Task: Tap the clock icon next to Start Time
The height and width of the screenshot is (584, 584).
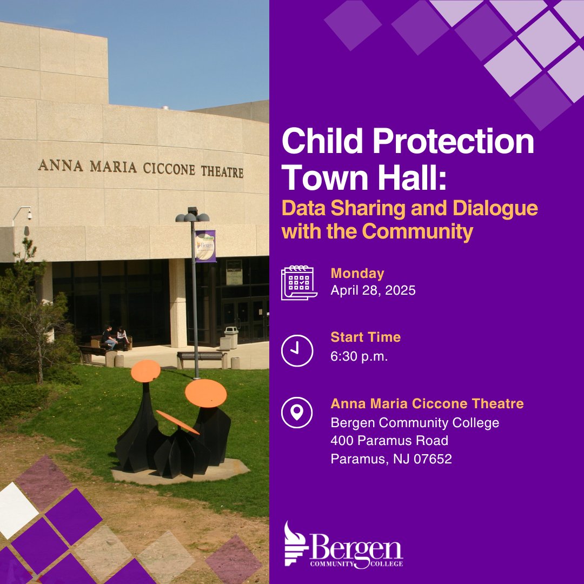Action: pos(297,350)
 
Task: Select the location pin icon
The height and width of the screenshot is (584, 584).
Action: pos(297,412)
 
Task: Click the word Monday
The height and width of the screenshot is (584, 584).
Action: pos(357,274)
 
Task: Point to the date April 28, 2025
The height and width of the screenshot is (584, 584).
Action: pos(373,290)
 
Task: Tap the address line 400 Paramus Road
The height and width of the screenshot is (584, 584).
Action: pos(389,441)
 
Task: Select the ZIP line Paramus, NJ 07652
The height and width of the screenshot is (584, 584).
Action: pos(391,459)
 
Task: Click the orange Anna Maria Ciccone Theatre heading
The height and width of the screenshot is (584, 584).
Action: pos(427,403)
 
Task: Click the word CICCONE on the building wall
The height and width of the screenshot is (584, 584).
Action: pos(168,168)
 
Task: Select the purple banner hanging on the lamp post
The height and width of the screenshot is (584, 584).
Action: pos(205,245)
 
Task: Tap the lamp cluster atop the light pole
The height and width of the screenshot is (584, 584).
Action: pos(193,216)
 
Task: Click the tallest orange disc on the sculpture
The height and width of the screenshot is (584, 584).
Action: pos(145,371)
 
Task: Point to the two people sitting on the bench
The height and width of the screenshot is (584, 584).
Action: pos(116,338)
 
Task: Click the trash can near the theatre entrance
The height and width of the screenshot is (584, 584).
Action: pos(231,337)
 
